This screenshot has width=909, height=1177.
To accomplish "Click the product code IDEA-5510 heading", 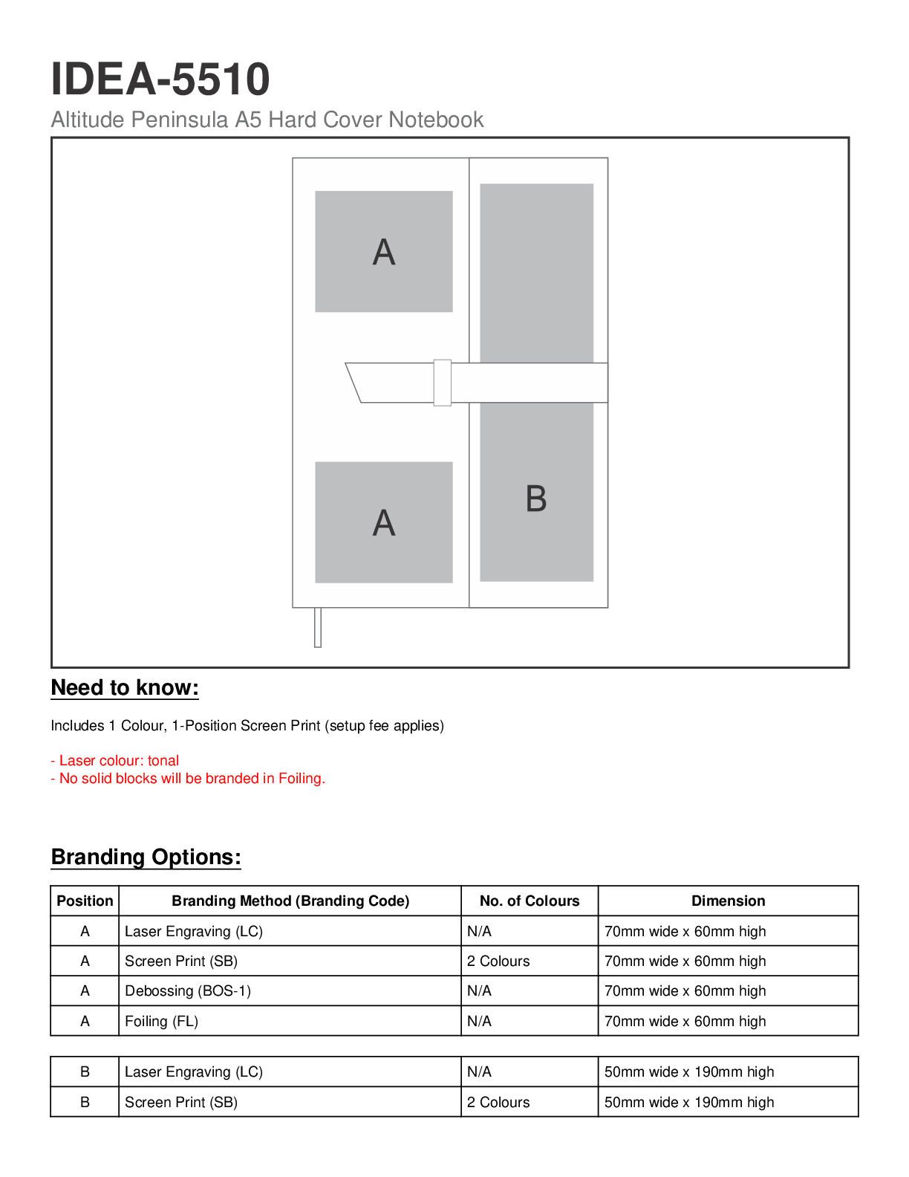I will tap(160, 79).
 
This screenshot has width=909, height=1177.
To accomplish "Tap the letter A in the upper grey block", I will tap(383, 253).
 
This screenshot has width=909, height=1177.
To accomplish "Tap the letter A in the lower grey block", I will tap(383, 523).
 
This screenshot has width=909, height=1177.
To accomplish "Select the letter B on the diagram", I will tap(535, 499).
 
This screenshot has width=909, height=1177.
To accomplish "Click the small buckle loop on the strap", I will tap(442, 383).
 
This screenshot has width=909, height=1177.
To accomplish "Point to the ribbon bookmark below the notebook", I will tap(318, 627).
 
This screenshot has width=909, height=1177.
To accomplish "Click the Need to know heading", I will tap(125, 688).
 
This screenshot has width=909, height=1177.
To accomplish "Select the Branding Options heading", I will tap(146, 857).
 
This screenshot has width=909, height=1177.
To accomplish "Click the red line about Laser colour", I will tap(115, 760).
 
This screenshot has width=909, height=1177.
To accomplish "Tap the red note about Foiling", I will tap(188, 778).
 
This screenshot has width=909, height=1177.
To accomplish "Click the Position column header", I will tap(85, 901).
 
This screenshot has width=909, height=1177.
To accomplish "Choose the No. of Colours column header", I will tap(529, 901).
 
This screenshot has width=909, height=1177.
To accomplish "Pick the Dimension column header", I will tap(728, 901).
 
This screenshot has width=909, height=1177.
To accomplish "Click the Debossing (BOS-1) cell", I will tap(188, 990).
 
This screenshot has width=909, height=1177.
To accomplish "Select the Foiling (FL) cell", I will tap(161, 1021).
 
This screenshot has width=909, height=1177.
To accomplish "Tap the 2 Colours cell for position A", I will tap(498, 961).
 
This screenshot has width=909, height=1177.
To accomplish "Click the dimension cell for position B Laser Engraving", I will tap(688, 1071).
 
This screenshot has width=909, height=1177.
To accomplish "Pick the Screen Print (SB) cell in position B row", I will tap(181, 1102).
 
